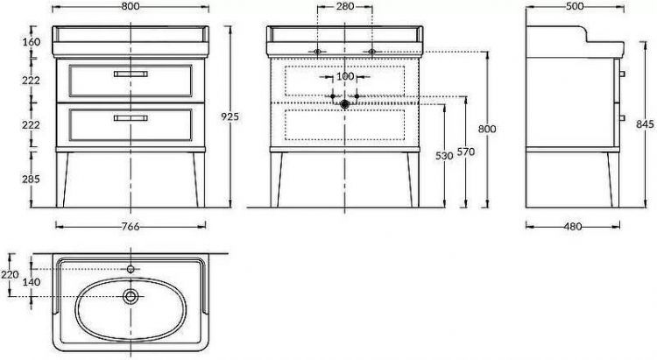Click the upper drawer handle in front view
coord(130,74)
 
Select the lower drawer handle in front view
coord(130,115)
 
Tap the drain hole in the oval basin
coord(131,297)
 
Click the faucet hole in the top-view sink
coord(131,269)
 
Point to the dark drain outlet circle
coord(344,104)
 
